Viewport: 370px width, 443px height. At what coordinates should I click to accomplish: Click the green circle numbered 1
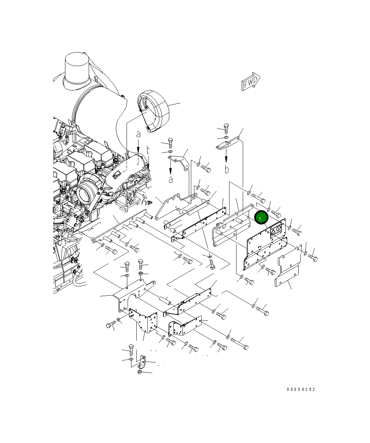261,217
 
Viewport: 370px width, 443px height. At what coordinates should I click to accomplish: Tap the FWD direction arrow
251,81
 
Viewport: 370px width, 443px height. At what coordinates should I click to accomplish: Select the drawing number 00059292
301,389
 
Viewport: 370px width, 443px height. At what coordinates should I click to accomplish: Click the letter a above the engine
138,134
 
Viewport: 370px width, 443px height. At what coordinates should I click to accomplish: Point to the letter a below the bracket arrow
171,180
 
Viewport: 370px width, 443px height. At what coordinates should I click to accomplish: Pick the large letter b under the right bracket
227,170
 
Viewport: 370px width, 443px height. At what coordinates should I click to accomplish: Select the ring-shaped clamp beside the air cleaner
153,112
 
